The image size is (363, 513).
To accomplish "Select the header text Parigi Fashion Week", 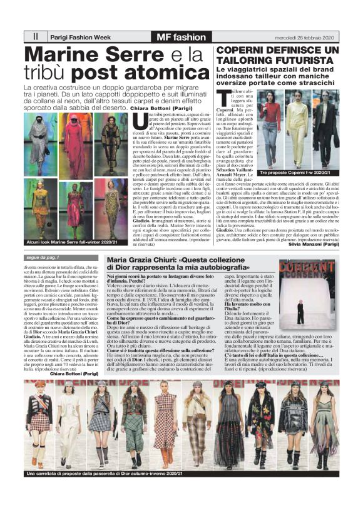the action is pos(79,36).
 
